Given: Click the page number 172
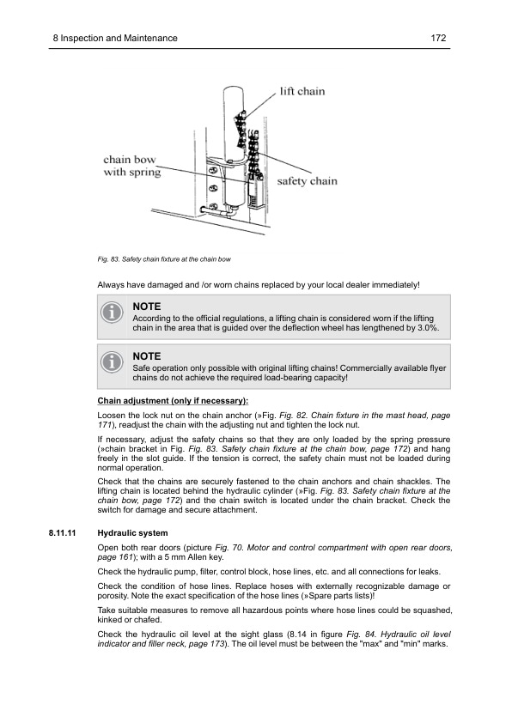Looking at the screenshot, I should click(x=441, y=38).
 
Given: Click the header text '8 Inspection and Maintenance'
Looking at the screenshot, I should click(x=115, y=38).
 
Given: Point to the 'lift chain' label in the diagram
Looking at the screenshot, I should click(x=302, y=91).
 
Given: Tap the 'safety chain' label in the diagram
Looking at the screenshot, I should click(x=307, y=181).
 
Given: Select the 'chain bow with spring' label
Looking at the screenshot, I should click(x=131, y=166).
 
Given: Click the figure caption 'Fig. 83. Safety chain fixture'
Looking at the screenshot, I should click(x=164, y=258).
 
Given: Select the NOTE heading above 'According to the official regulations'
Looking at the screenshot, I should click(x=147, y=306).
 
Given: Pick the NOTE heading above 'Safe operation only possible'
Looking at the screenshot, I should click(x=147, y=355).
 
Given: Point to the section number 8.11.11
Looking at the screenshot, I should click(x=61, y=532).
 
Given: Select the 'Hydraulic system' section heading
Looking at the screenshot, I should click(x=133, y=532).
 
